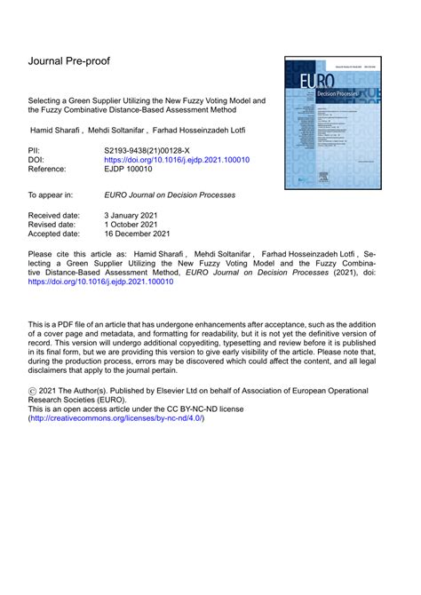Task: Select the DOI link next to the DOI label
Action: pyautogui.click(x=177, y=161)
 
